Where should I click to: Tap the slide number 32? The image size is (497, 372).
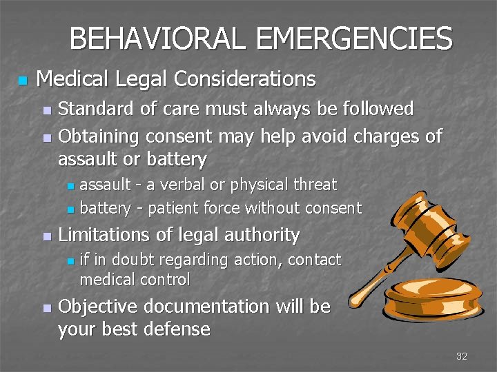462,356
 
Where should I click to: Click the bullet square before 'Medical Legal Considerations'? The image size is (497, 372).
22,81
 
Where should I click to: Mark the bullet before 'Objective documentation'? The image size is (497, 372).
46,308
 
